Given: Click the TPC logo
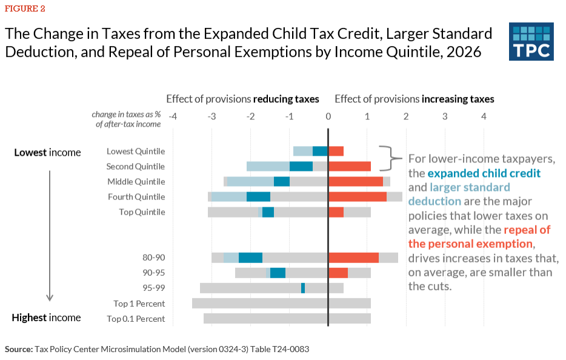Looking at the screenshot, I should [x=531, y=41].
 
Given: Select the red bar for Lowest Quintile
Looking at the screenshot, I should [x=336, y=152].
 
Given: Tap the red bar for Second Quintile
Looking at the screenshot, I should [x=350, y=166].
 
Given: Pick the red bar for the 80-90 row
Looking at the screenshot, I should [x=354, y=258].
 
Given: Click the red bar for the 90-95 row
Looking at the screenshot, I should [x=338, y=273].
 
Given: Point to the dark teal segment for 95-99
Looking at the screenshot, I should [x=303, y=288].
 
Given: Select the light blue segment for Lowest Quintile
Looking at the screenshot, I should [x=302, y=152].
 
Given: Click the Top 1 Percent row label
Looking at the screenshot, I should [x=139, y=304].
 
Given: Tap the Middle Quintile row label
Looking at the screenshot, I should [x=136, y=182].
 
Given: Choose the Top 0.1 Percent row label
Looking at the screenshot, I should [x=136, y=319].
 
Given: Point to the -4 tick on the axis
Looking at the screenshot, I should [x=172, y=115].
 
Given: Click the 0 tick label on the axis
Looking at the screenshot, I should [x=328, y=115].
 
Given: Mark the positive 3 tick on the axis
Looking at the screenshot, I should [x=445, y=115].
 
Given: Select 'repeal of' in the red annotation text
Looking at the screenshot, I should [x=527, y=230].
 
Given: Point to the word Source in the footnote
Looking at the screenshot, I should [x=18, y=350].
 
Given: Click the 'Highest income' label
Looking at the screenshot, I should [x=47, y=318].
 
